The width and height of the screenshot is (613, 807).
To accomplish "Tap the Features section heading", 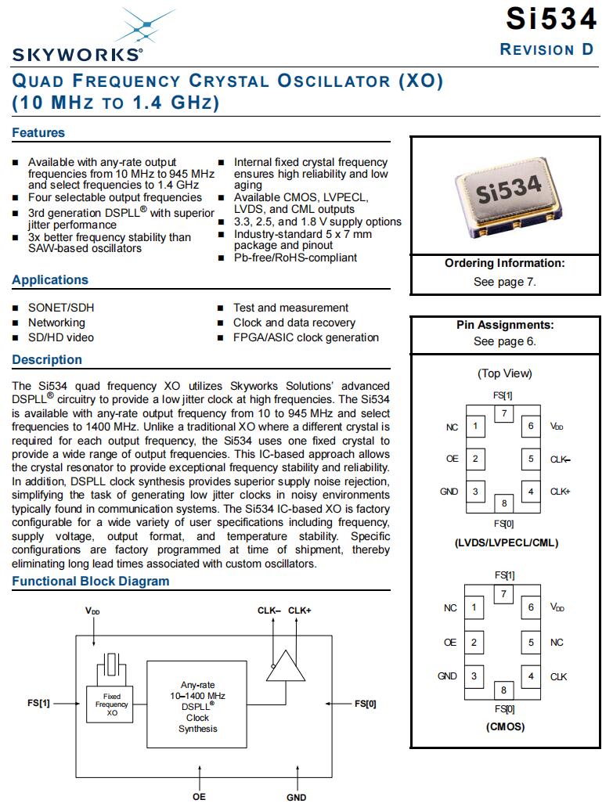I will (x=38, y=133).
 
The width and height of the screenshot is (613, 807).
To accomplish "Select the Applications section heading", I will (x=50, y=280).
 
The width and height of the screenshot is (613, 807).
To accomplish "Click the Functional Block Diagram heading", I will (x=90, y=582).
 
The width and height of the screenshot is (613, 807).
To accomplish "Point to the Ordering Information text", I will (x=504, y=264).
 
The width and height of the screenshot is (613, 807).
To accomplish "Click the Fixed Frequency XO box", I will (x=112, y=705).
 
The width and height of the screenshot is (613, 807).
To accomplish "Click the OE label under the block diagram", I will (x=200, y=797).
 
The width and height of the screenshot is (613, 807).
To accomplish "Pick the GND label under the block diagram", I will (x=297, y=797).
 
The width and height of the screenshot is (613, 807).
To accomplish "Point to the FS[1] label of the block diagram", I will (x=38, y=704).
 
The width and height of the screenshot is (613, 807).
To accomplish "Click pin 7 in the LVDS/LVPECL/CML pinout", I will (x=504, y=413).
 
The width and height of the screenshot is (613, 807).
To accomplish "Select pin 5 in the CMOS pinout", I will (x=531, y=643).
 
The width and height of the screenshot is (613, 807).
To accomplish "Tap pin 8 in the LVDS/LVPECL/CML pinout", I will (x=504, y=503).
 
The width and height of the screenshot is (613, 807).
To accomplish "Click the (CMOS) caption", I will (x=505, y=726).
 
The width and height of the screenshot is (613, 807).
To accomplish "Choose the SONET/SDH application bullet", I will (x=60, y=308).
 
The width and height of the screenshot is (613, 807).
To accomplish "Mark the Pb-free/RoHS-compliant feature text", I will (x=295, y=258).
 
